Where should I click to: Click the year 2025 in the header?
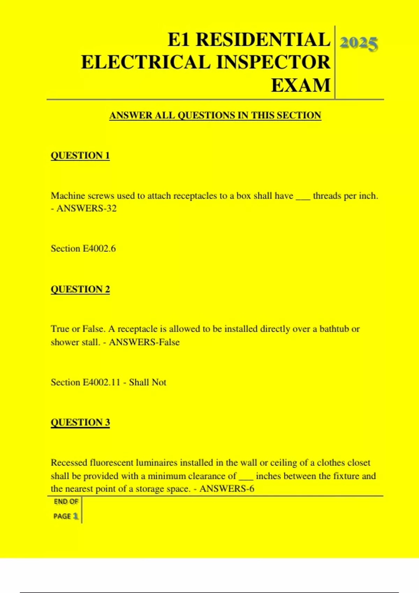(x=359, y=43)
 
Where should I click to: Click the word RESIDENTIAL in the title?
(x=263, y=39)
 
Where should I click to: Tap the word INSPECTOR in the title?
(x=273, y=62)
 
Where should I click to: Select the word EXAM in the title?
(x=301, y=85)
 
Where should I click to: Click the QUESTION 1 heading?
(x=80, y=155)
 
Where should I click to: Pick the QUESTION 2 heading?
(x=80, y=289)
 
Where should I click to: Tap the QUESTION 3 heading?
(x=80, y=422)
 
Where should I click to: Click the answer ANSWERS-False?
(x=144, y=342)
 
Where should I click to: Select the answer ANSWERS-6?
(x=227, y=489)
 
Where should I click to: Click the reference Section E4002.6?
(x=83, y=249)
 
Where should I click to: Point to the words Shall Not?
(x=148, y=382)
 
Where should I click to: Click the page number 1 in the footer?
(x=75, y=516)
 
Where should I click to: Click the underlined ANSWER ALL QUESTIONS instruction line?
(x=215, y=115)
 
